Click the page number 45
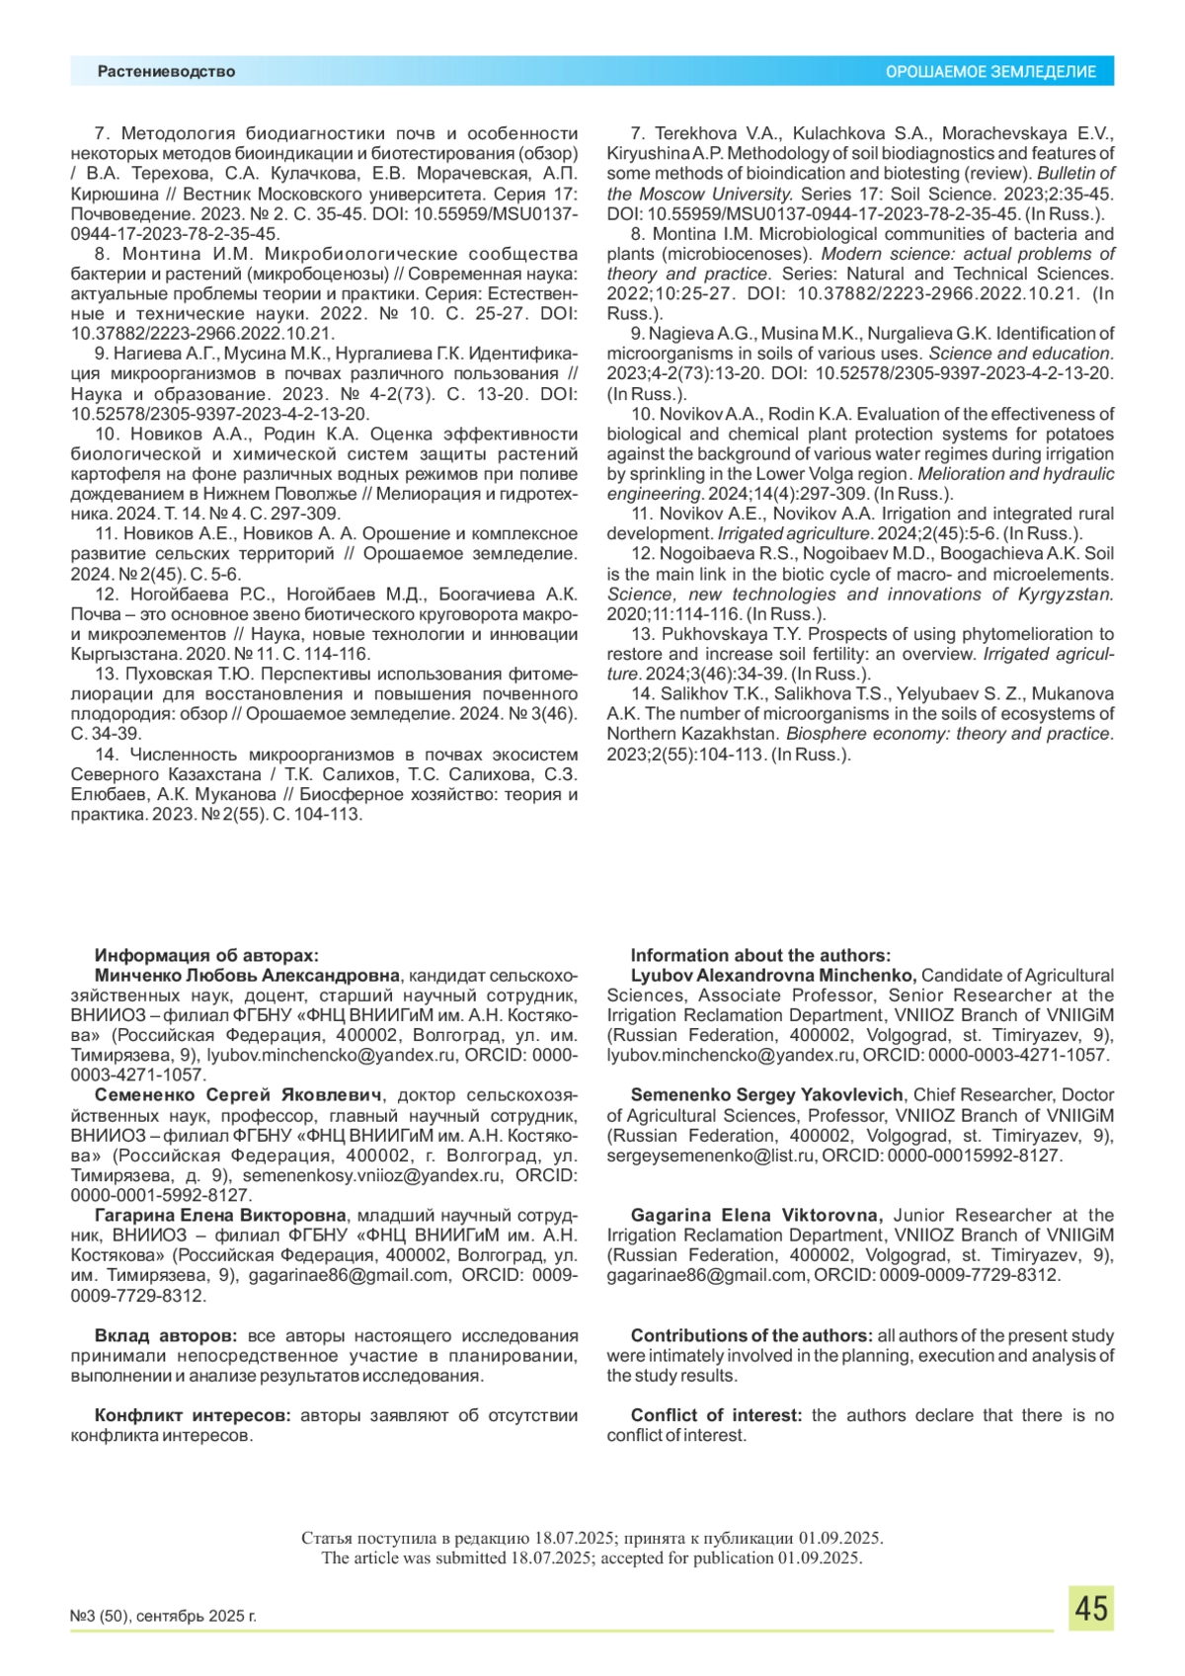click(x=1090, y=1609)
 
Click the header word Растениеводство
click(x=166, y=71)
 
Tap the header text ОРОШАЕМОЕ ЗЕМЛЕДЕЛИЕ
click(x=989, y=72)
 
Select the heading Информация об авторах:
click(x=206, y=955)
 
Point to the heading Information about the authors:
click(x=760, y=955)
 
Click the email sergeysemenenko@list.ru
click(x=710, y=1156)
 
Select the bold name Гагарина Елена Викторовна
click(x=220, y=1215)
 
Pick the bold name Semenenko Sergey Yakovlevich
click(x=766, y=1094)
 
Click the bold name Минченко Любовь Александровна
click(x=247, y=976)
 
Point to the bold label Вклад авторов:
click(x=166, y=1335)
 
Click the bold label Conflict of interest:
click(x=716, y=1415)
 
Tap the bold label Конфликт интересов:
click(x=193, y=1415)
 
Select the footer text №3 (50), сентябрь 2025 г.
click(x=163, y=1617)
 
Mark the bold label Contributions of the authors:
click(x=751, y=1335)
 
